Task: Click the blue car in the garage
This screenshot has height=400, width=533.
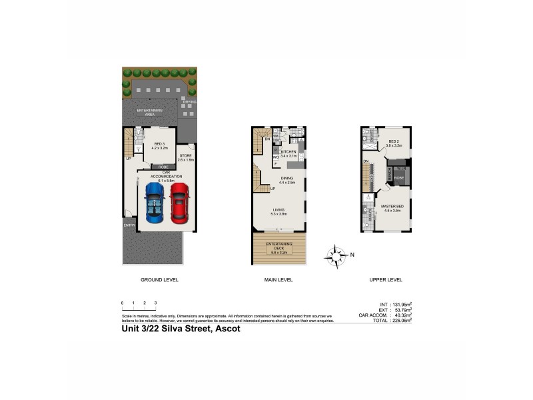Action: [155, 203]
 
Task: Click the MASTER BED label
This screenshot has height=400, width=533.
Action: [393, 207]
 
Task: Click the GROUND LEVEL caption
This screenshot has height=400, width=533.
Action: [159, 279]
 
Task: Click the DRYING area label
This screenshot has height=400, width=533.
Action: [189, 102]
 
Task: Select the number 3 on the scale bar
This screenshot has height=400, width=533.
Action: [155, 303]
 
